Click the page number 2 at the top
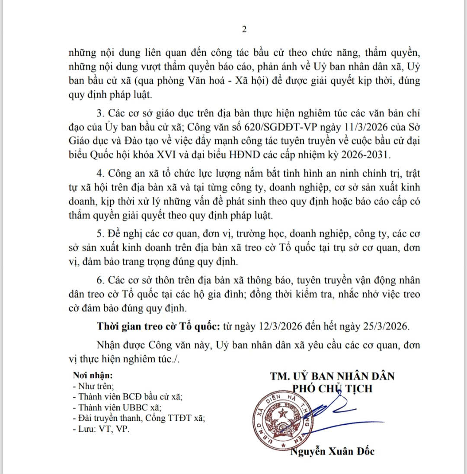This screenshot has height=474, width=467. (x=244, y=29)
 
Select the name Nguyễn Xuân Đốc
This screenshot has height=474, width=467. (x=332, y=452)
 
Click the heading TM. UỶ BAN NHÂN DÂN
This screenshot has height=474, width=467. (x=333, y=376)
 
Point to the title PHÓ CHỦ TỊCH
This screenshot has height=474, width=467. (x=333, y=389)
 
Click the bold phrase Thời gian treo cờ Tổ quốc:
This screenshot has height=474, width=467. (x=159, y=326)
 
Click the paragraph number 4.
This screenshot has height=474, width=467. (x=100, y=174)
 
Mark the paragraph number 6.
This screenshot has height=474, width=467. (x=100, y=280)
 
